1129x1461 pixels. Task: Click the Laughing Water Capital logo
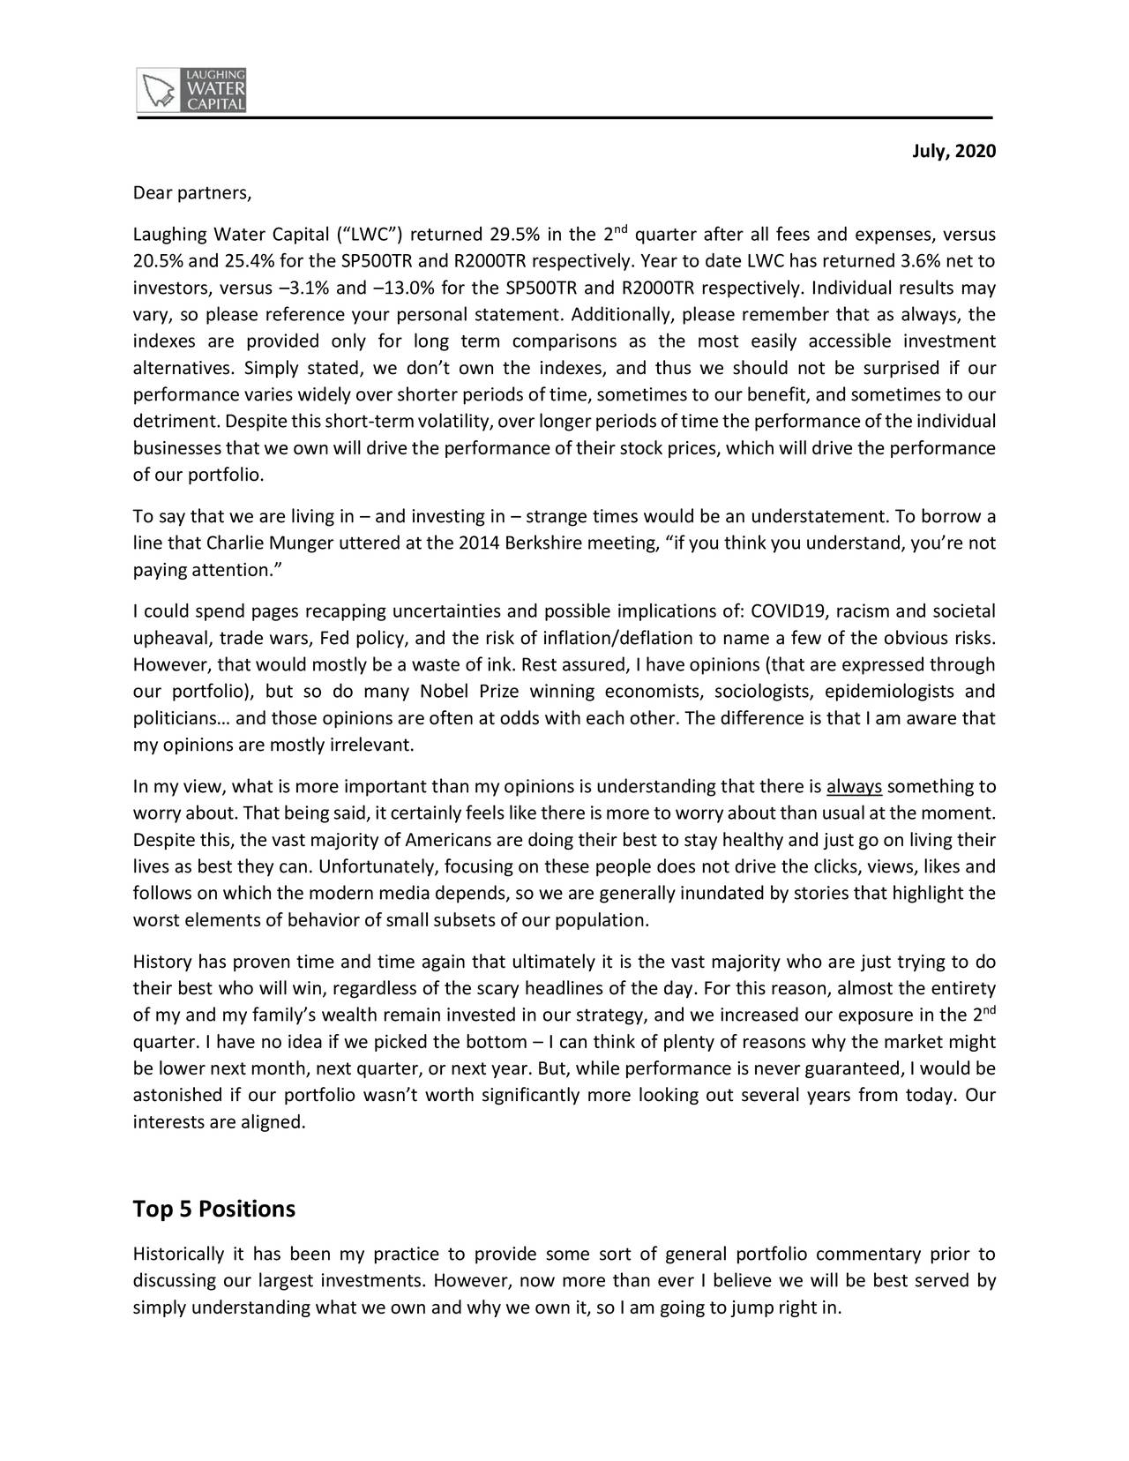click(x=192, y=89)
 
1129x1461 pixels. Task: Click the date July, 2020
click(x=953, y=153)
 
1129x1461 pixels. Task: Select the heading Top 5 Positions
click(x=213, y=1209)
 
